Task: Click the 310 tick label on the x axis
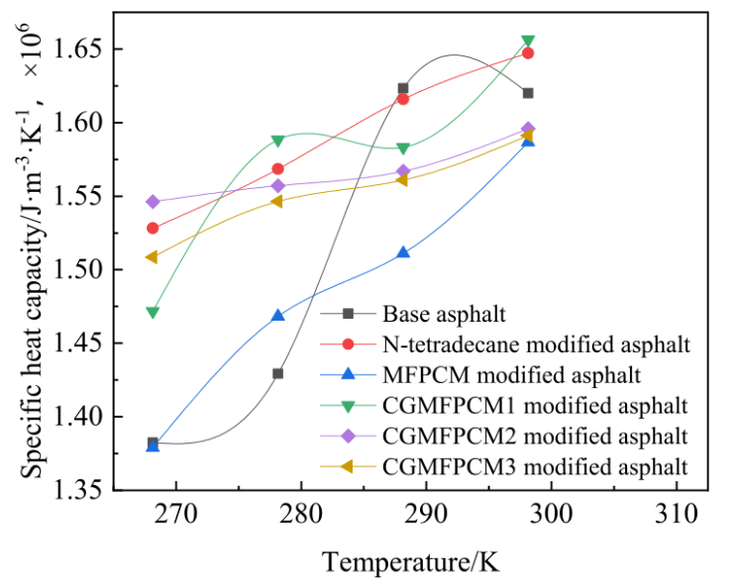coord(677,516)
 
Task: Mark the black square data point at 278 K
coord(278,373)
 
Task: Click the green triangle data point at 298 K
coord(528,42)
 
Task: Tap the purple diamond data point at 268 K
coord(153,202)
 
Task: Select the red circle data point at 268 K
coord(153,228)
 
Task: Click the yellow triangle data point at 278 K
coord(277,201)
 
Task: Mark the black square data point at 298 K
coord(528,93)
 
